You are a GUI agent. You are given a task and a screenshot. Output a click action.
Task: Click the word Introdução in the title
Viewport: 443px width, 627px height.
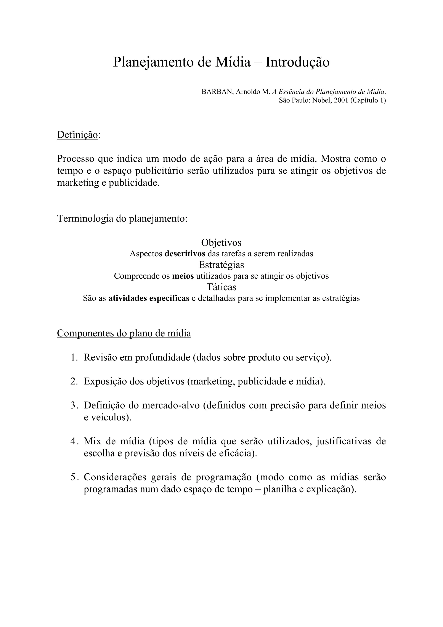(297, 62)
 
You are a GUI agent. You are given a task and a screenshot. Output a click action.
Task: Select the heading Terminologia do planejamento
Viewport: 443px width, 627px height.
(121, 219)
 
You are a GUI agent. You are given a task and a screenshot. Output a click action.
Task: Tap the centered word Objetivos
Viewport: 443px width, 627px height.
(221, 242)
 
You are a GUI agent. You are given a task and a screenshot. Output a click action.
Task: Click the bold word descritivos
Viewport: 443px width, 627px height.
(185, 254)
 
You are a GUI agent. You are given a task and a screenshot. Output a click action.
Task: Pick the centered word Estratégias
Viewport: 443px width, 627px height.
(221, 265)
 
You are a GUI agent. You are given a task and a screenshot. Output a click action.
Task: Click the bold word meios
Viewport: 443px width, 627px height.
(183, 276)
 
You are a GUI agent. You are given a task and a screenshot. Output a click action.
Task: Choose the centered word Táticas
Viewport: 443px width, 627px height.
(221, 287)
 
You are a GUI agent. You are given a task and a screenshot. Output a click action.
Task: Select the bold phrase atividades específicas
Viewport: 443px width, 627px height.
(149, 298)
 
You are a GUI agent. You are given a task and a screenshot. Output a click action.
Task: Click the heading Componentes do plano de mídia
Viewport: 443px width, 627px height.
(124, 333)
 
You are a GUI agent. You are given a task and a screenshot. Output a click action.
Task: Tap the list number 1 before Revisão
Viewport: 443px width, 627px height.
(73, 357)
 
